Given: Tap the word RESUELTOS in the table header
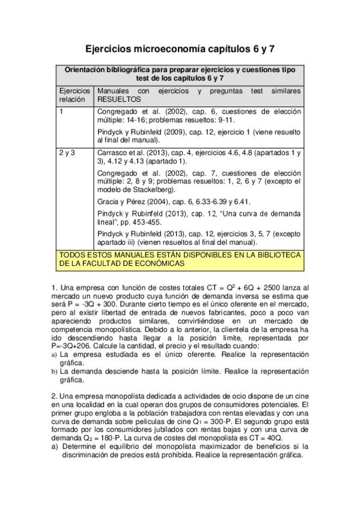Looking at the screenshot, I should pos(118,99).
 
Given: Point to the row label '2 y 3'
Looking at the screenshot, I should pos(67,153).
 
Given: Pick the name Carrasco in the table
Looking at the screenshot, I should pos(112,153).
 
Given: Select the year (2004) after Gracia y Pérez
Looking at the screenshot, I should pos(154,201).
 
